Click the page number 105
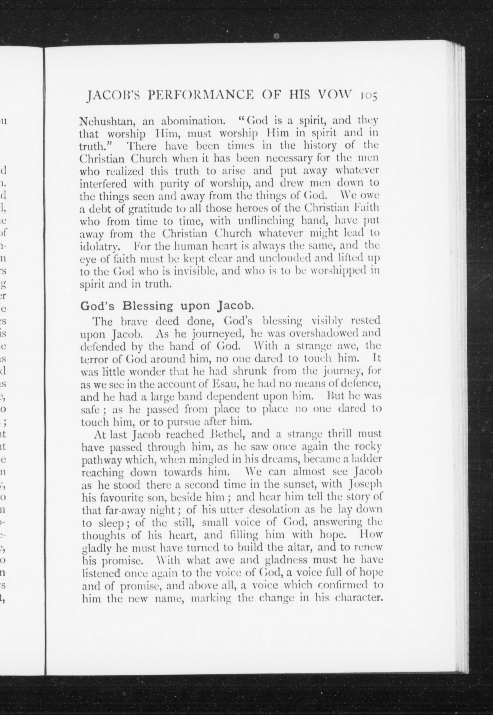tap(368, 96)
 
